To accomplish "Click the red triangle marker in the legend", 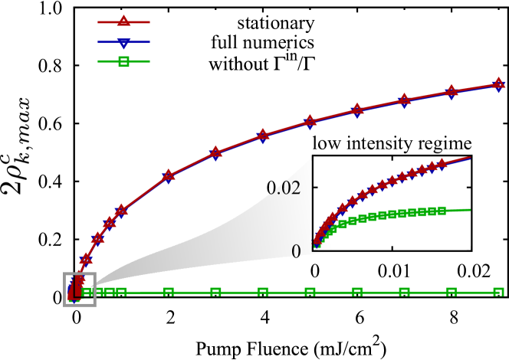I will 123,21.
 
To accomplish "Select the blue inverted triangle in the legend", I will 123,43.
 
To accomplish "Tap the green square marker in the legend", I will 123,61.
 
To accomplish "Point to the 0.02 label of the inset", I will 282,188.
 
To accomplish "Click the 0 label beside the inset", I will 296,251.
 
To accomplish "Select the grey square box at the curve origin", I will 80,290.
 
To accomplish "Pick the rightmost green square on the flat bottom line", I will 498,292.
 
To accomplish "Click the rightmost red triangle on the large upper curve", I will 498,83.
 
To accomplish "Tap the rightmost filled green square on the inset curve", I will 442,210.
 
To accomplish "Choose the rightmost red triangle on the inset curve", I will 442,163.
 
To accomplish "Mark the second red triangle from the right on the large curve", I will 452,91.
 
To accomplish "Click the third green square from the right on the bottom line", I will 404,292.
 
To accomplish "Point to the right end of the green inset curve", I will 469,209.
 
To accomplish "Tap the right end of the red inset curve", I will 469,158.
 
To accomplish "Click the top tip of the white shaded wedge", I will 310,159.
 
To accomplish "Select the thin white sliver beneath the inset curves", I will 399,246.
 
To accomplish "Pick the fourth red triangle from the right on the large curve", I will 357,109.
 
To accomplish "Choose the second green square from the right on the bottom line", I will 452,292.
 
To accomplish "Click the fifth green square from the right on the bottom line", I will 310,292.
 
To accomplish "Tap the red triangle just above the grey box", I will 86,260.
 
